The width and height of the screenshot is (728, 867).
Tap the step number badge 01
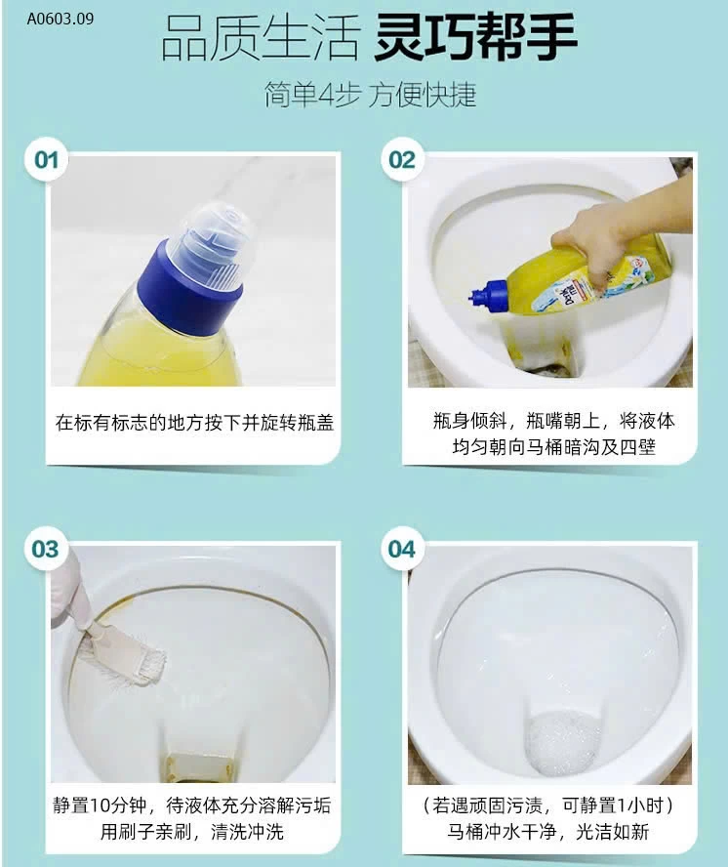point(46,159)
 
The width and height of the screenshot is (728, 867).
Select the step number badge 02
point(402,159)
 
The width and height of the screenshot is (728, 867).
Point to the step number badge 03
point(46,549)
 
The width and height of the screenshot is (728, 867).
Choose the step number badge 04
point(402,549)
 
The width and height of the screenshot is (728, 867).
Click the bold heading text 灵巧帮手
point(476,39)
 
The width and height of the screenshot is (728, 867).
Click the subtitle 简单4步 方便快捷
point(371,95)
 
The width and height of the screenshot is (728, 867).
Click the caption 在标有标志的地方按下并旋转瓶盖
point(193,423)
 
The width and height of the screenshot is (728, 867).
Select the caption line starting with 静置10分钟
point(193,806)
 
